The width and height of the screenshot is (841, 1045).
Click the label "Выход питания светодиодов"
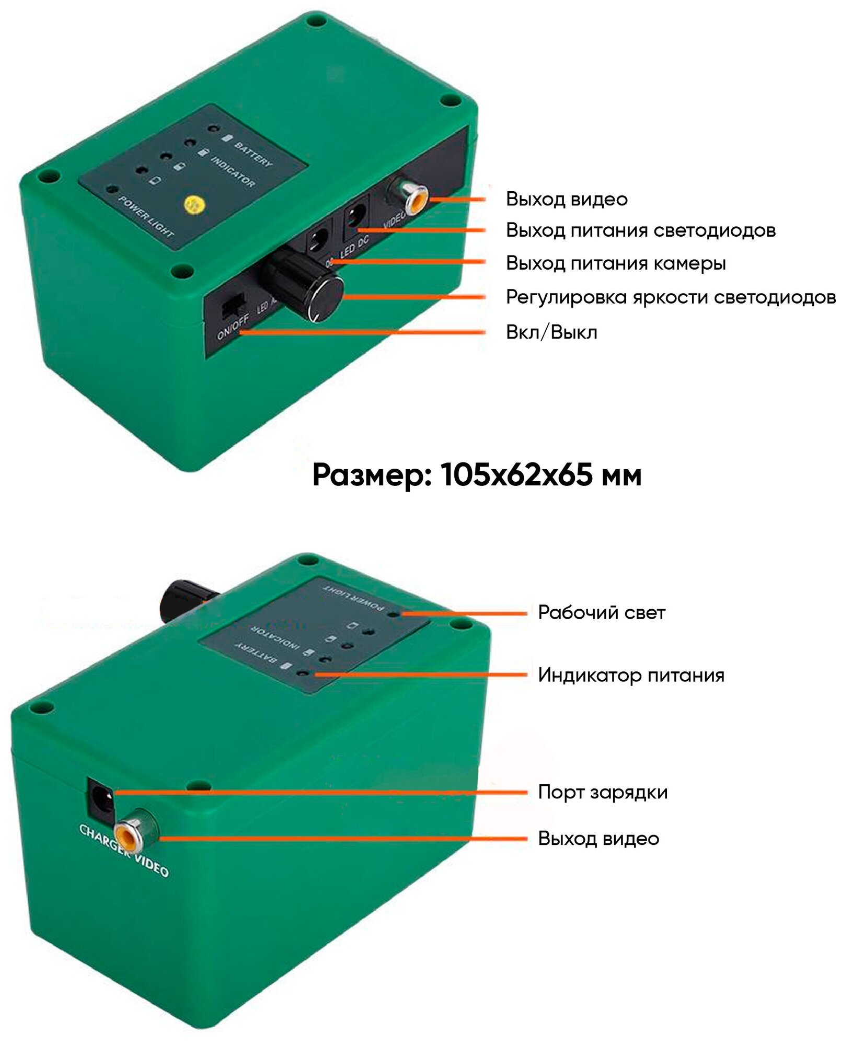[x=640, y=230]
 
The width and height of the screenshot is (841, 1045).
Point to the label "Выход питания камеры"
[x=615, y=263]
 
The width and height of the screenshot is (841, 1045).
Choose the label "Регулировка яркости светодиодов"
[x=671, y=297]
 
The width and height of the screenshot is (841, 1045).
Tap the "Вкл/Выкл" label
[x=551, y=332]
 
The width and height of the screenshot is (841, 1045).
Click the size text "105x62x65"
[x=517, y=475]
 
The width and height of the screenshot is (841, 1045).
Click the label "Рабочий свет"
[x=601, y=612]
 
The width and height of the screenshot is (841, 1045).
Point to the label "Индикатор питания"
[x=631, y=675]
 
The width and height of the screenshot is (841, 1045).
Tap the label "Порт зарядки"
[x=603, y=792]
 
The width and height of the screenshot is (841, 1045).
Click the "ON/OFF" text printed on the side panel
[x=233, y=327]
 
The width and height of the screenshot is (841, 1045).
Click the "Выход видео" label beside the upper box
[x=566, y=199]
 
